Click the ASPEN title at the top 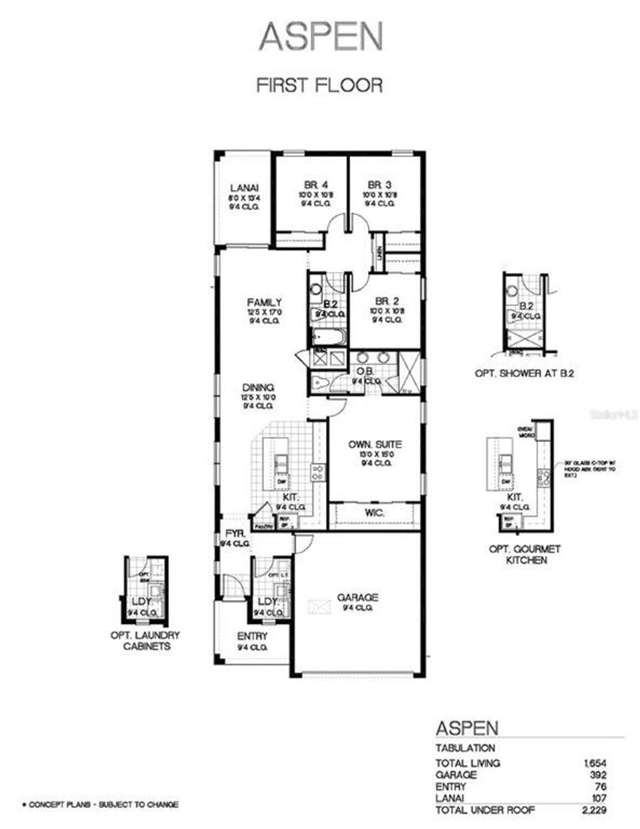pos(320,36)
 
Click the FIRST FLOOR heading pos(319,85)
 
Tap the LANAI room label pos(244,188)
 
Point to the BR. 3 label pos(379,185)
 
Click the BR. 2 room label pos(387,301)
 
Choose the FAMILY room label pos(264,302)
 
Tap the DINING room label pos(258,387)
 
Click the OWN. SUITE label pos(375,444)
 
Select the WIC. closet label pos(374,513)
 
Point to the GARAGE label pos(357,597)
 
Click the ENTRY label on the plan pos(252,636)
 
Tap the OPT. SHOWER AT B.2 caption pos(524,373)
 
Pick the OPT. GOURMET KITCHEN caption pos(525,554)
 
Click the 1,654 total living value pos(594,763)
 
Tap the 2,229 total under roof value pos(594,810)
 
